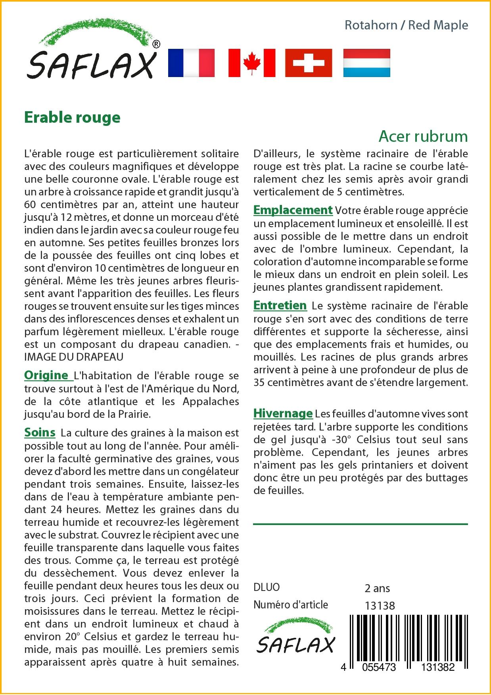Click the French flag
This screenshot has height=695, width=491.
(191, 63)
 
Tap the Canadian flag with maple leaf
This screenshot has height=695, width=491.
(251, 63)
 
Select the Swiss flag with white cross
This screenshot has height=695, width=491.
(309, 63)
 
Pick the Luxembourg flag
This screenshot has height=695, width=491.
(366, 63)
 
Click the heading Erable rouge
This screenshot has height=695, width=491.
(72, 118)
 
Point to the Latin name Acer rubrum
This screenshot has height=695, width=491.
(423, 136)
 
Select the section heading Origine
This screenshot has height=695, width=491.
(46, 375)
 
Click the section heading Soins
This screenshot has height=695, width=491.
(40, 432)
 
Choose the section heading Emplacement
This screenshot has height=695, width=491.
(293, 210)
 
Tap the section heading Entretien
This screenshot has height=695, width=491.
(280, 305)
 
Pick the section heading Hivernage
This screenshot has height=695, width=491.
(283, 413)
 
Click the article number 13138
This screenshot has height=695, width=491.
(380, 606)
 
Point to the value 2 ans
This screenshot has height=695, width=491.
(377, 588)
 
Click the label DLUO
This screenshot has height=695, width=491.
(267, 587)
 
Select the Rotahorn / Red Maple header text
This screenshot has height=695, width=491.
(406, 25)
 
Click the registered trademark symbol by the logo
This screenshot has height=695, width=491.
(156, 44)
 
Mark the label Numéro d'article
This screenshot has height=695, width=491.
(291, 605)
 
